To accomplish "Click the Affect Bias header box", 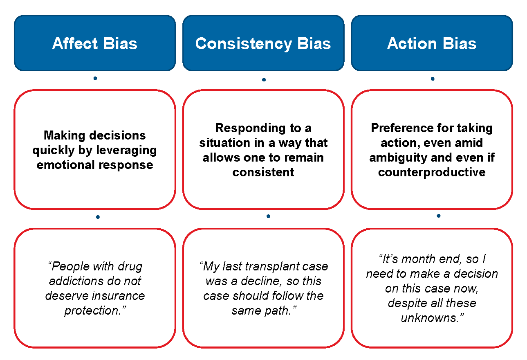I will (95, 43).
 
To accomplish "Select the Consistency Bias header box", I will (263, 43).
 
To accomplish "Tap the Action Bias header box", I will (432, 43).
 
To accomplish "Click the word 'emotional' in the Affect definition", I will (66, 165).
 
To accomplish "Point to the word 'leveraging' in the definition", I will (126, 150).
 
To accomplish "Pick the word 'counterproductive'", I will (432, 172).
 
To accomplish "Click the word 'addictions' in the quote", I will (72, 281).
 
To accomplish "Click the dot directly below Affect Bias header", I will (95, 78).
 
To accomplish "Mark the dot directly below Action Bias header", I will (433, 78).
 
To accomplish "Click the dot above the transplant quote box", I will (268, 216).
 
